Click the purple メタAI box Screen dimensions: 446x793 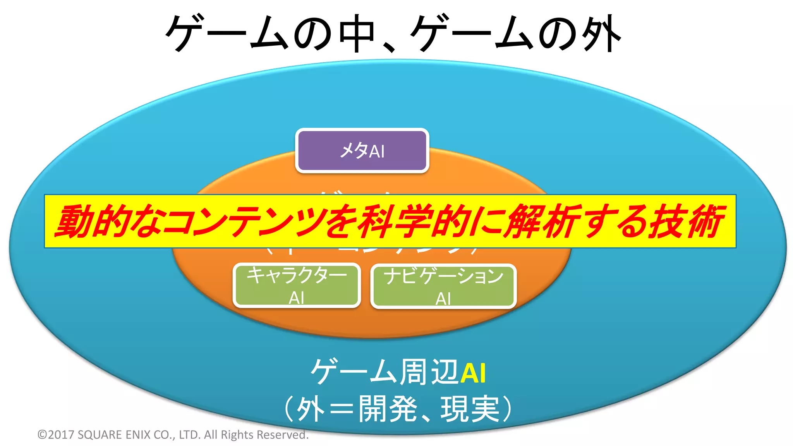pyautogui.click(x=362, y=151)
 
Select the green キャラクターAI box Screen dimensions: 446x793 pyautogui.click(x=297, y=286)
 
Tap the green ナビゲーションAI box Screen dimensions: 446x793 pyautogui.click(x=443, y=286)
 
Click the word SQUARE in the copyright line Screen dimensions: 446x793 pyautogui.click(x=100, y=435)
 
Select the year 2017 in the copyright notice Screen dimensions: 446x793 pyautogui.click(x=62, y=435)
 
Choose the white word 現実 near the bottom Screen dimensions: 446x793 pyautogui.click(x=470, y=409)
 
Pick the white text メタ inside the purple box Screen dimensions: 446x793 pyautogui.click(x=354, y=150)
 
